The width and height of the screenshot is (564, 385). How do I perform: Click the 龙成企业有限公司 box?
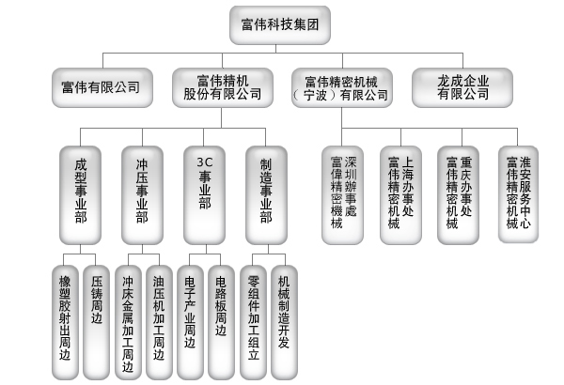pos(462,87)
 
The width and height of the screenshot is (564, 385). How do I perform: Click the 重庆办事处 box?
pos(459,193)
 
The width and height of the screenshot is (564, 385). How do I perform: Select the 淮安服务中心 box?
pos(518,193)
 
